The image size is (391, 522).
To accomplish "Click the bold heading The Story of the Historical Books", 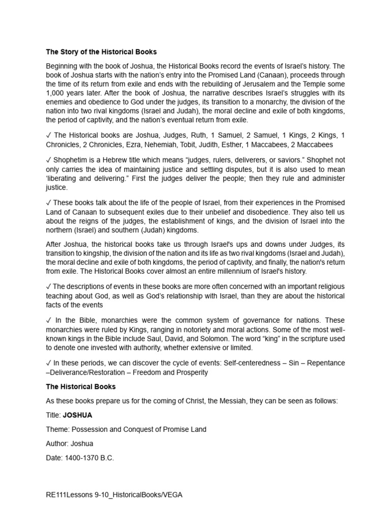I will click(101, 51).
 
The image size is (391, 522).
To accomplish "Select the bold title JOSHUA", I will click(77, 415).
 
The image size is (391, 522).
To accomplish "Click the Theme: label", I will click(57, 429).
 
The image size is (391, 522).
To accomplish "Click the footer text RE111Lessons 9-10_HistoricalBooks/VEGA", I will click(114, 494).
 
